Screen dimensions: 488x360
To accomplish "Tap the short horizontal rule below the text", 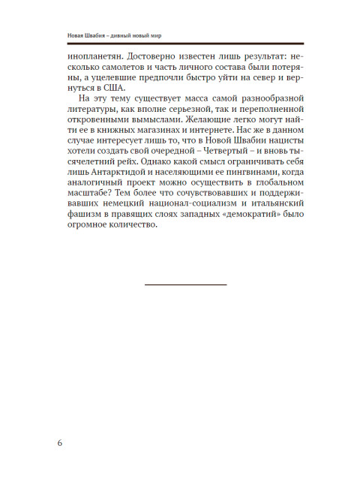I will (184, 285).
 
